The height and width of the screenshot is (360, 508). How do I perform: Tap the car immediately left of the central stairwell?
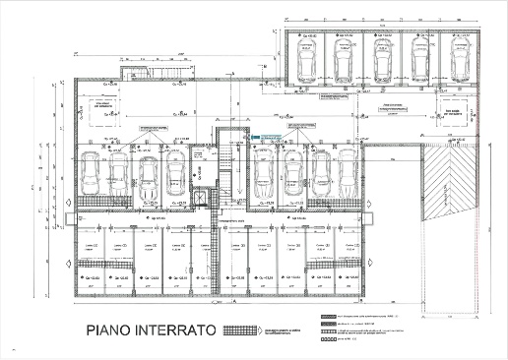[176, 177]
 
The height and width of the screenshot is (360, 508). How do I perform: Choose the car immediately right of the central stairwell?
[263, 177]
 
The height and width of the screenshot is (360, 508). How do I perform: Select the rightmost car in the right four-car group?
[347, 177]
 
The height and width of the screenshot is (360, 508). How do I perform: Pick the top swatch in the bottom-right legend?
[326, 317]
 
